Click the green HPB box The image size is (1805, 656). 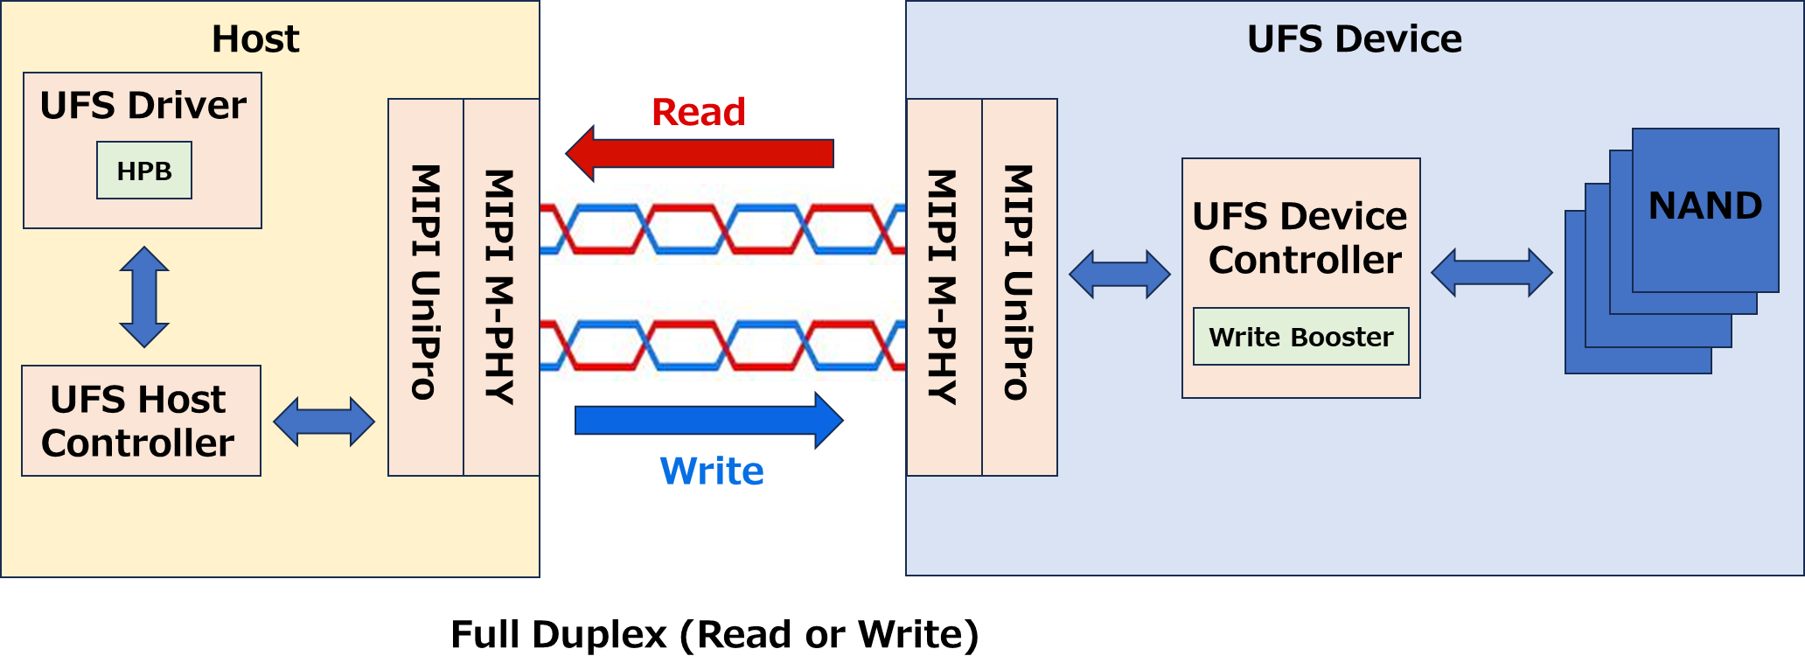click(144, 171)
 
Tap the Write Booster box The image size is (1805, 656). click(1300, 337)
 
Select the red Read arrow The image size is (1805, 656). click(700, 154)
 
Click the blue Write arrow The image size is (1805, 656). click(708, 421)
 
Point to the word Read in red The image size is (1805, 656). click(699, 112)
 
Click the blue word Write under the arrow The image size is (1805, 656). click(712, 471)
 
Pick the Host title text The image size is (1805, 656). click(255, 39)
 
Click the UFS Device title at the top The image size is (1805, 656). click(1354, 39)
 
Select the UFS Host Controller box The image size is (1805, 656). click(141, 421)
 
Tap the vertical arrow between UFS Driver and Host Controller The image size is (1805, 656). click(144, 297)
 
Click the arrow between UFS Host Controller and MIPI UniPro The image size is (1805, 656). click(324, 422)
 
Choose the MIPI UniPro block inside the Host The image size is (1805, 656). click(426, 287)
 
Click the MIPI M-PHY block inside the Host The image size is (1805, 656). click(501, 287)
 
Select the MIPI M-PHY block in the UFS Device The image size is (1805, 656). click(944, 287)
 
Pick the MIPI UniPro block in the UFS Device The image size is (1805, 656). click(1020, 287)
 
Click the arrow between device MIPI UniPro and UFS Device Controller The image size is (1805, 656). click(1119, 275)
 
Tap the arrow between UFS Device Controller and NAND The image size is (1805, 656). click(1492, 273)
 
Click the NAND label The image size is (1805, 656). click(1705, 206)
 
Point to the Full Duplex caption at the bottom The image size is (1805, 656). click(714, 634)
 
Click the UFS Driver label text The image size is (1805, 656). click(143, 106)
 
